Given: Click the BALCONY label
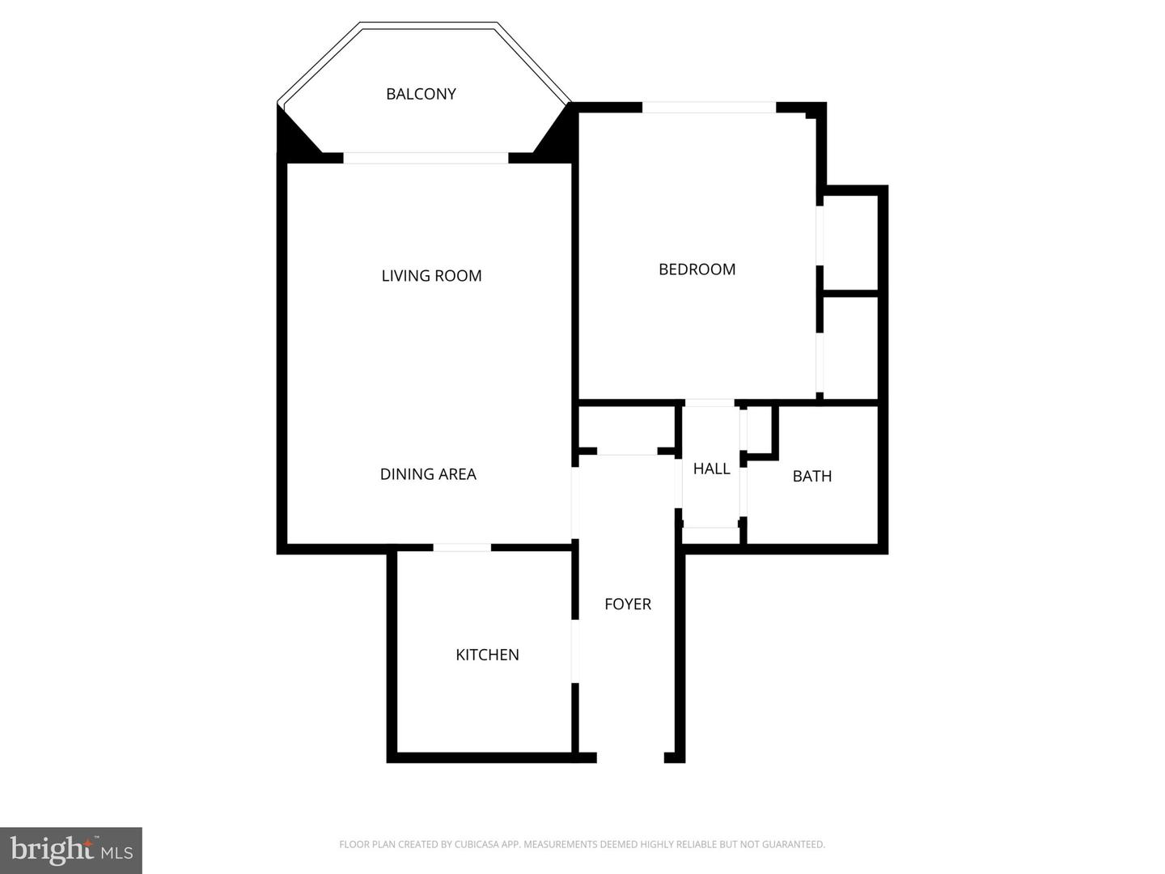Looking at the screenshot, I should [x=421, y=94].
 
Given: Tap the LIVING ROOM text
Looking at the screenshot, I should [x=431, y=276].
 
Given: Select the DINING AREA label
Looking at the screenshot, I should [x=428, y=474].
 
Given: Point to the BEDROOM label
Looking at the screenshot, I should [x=697, y=269].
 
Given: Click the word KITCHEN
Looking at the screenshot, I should [x=487, y=655].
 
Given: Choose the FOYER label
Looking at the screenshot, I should [x=628, y=604].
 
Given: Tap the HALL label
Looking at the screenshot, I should [x=711, y=469].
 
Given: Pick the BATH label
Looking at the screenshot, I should [x=811, y=476].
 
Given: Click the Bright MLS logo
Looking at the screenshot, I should [x=71, y=850].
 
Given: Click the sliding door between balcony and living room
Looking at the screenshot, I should [x=426, y=158].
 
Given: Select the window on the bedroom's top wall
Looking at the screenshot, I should [x=709, y=107].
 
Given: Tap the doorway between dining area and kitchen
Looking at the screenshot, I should [x=462, y=548].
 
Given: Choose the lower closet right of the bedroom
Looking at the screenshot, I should [x=850, y=347].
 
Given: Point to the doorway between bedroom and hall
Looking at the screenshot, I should [x=710, y=402].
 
